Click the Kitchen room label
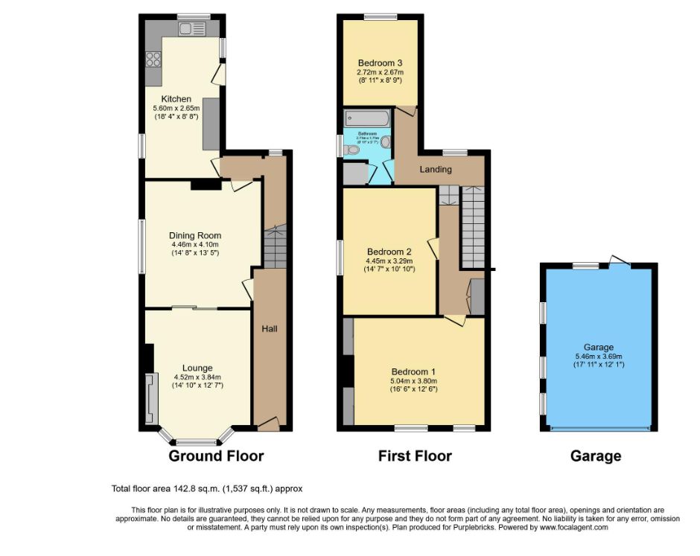[176, 99]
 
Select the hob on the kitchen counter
[155, 58]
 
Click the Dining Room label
[192, 235]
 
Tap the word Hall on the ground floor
[270, 328]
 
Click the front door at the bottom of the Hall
[267, 424]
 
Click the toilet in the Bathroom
[353, 150]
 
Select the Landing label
[436, 169]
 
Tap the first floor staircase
[473, 227]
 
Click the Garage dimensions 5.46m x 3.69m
[598, 356]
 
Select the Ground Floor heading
[216, 456]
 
